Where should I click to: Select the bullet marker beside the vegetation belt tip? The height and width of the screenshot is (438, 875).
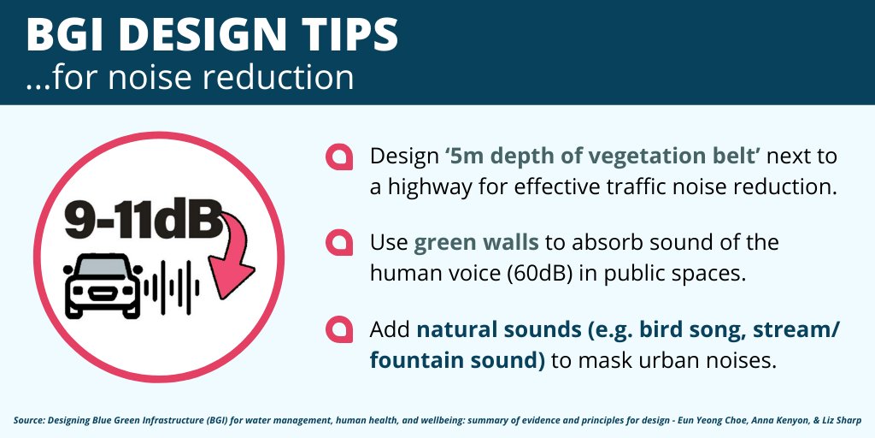(x=339, y=157)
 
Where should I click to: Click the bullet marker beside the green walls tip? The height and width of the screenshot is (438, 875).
(x=339, y=242)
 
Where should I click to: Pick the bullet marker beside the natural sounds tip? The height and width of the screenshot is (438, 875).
(x=339, y=329)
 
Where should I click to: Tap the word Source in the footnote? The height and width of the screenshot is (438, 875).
(x=31, y=420)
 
